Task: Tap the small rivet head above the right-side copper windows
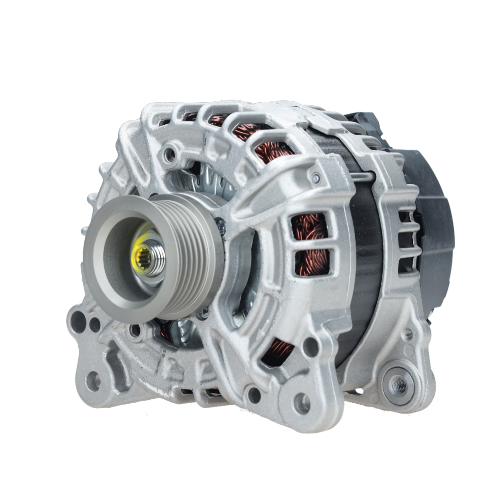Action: (315, 178)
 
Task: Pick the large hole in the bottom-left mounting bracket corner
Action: (93, 381)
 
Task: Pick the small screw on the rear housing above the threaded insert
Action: (409, 335)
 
